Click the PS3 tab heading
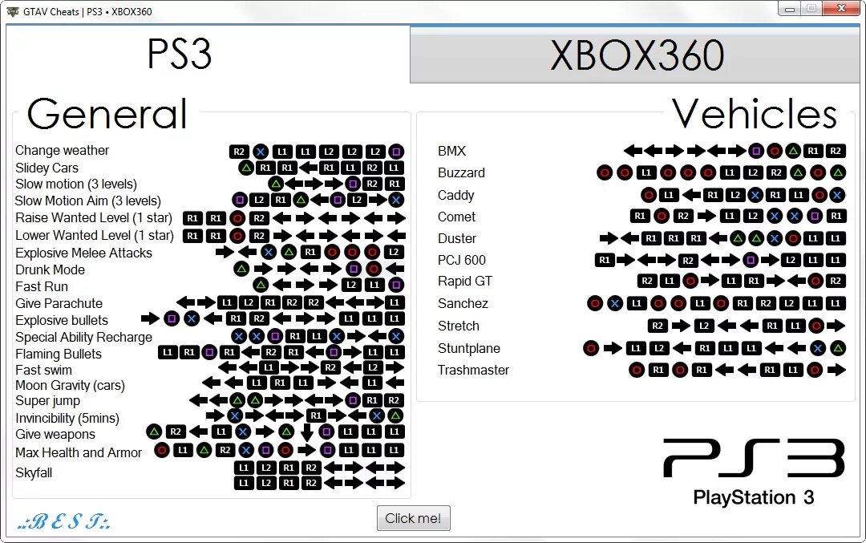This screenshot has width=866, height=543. click(x=180, y=55)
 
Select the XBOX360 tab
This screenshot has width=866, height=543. click(x=637, y=55)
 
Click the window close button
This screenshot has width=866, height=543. click(x=841, y=9)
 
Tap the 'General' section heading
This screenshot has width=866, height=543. click(x=107, y=114)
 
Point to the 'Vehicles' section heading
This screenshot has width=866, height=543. click(x=754, y=114)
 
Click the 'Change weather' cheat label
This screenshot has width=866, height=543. click(x=62, y=151)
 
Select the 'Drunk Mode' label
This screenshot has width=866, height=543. click(x=50, y=269)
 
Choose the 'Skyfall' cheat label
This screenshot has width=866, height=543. click(x=34, y=472)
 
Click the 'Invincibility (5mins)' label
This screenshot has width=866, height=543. click(x=67, y=418)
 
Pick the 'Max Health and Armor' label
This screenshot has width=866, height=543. click(x=79, y=452)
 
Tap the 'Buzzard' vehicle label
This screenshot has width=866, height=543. click(x=461, y=172)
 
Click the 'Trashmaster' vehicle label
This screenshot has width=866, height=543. click(x=473, y=370)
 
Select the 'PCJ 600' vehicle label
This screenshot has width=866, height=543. click(x=461, y=260)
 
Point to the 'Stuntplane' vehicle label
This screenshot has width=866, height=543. click(x=469, y=348)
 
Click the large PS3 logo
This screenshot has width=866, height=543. click(x=754, y=459)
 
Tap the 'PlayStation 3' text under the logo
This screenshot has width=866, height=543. click(x=754, y=497)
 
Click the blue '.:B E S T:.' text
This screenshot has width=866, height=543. click(x=64, y=522)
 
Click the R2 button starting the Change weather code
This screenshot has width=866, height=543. click(x=238, y=152)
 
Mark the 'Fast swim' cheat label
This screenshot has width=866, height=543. click(x=43, y=370)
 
